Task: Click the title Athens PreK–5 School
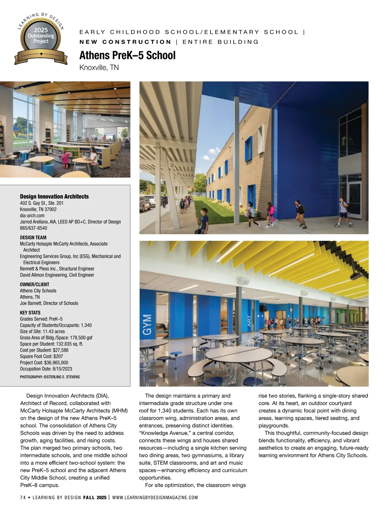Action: (x=127, y=55)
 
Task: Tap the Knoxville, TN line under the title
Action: (x=99, y=68)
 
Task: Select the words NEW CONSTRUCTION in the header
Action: (x=125, y=42)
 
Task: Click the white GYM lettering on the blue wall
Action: (x=148, y=324)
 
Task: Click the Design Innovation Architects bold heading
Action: (x=54, y=197)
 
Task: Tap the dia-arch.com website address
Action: (x=32, y=215)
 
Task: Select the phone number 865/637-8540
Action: (x=33, y=228)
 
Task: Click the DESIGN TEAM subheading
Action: (x=33, y=237)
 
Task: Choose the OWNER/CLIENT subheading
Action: (x=34, y=284)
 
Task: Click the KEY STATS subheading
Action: (x=30, y=313)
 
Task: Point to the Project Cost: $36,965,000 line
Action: (x=44, y=363)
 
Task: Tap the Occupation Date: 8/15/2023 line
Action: (x=46, y=369)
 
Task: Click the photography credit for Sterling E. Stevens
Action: (x=50, y=377)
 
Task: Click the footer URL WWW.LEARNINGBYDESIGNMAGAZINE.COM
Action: (x=155, y=497)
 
